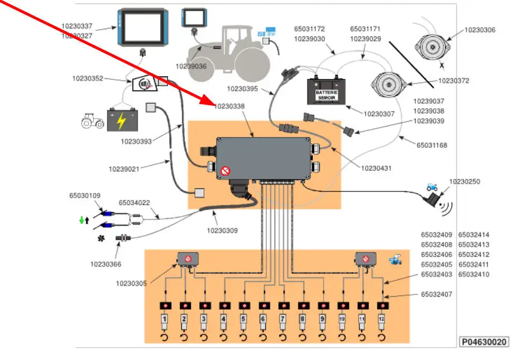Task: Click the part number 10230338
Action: click(x=230, y=105)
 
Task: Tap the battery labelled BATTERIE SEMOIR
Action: click(x=326, y=92)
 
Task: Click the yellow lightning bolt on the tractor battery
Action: click(x=121, y=120)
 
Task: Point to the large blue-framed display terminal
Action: click(x=143, y=27)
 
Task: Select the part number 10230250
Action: click(x=465, y=181)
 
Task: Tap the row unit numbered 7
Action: click(x=283, y=320)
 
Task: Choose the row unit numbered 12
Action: click(x=382, y=320)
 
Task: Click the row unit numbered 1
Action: click(x=164, y=320)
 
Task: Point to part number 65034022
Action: click(x=134, y=203)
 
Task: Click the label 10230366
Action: click(x=105, y=264)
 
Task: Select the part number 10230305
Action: click(x=131, y=283)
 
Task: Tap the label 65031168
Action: click(x=432, y=146)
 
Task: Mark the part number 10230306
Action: click(x=480, y=30)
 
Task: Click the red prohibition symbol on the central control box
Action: click(x=226, y=170)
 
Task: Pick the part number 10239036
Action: click(x=191, y=66)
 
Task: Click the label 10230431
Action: click(x=376, y=167)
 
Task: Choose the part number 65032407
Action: click(x=436, y=294)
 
